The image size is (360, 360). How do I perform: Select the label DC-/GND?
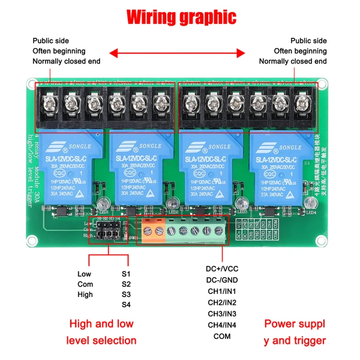[x=221, y=280]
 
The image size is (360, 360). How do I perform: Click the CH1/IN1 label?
[x=221, y=291]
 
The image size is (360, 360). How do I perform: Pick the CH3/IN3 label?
[x=221, y=314]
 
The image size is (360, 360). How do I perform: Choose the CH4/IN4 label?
[x=221, y=325]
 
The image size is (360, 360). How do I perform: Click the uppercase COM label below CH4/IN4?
[x=221, y=337]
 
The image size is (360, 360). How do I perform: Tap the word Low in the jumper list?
[x=85, y=274]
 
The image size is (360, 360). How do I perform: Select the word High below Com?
[x=85, y=295]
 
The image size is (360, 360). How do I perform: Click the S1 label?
[x=125, y=274]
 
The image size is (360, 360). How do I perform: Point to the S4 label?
[x=125, y=305]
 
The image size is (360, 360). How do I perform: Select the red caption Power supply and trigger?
[x=295, y=332]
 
